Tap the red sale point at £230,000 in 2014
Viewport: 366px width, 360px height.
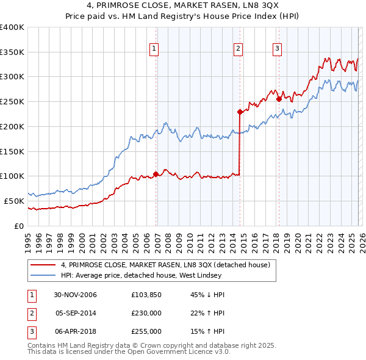click(x=240, y=112)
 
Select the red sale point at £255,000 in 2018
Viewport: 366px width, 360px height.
click(x=279, y=99)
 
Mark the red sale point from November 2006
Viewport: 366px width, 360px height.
click(x=156, y=174)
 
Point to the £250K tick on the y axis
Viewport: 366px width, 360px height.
click(x=12, y=101)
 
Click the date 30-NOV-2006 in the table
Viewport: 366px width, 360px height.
click(x=75, y=295)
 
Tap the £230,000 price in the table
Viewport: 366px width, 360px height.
click(x=146, y=313)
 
